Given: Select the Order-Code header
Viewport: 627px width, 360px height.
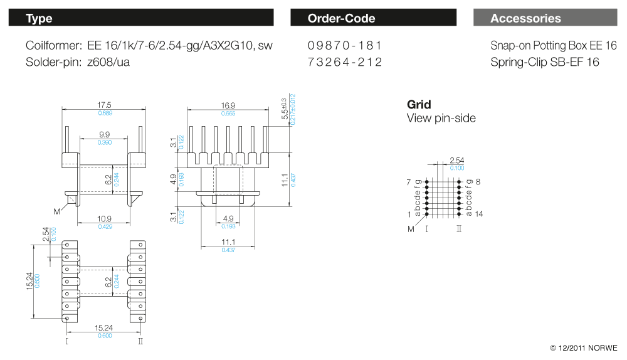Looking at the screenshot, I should click(x=373, y=18).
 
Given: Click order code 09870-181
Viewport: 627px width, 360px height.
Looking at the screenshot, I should click(x=345, y=46).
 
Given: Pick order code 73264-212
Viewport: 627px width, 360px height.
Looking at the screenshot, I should click(x=345, y=62).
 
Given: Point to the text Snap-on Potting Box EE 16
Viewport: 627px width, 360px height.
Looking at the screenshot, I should click(x=554, y=46).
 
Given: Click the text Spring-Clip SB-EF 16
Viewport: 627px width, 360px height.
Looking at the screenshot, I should click(x=545, y=62).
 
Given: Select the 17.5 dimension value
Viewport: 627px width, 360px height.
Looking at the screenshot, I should click(x=105, y=105).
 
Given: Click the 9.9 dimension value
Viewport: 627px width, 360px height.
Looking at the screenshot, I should click(x=105, y=135).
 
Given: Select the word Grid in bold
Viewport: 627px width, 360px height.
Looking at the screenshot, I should click(x=419, y=105).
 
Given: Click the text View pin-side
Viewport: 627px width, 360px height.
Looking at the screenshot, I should click(x=441, y=118).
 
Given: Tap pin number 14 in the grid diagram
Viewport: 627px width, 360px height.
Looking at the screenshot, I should click(x=478, y=214).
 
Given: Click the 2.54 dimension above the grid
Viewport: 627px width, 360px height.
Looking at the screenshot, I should click(x=456, y=161).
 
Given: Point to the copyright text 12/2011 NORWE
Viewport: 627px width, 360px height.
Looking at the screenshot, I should click(x=583, y=347).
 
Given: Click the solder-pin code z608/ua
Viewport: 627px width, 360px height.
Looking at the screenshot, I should click(x=109, y=62).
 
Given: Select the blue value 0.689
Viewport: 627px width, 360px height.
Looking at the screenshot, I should click(x=105, y=113).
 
